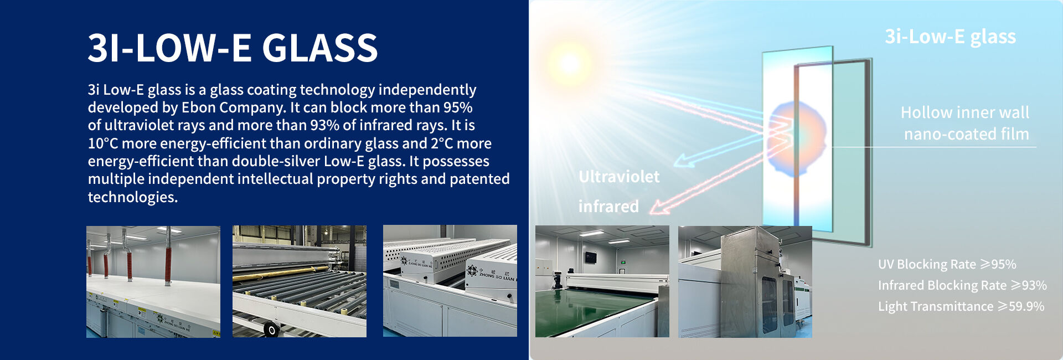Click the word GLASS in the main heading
pos(319,48)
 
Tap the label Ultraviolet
pos(619,177)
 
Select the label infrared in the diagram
pos(608,207)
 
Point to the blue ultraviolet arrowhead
pos(682,161)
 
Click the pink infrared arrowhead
pos(659,207)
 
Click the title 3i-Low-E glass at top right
pos(950,37)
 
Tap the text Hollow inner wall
pos(965,112)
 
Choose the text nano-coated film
pos(967,134)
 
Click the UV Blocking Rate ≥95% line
pos(947,264)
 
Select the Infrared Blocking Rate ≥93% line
pos(962,285)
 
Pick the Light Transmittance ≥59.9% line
pos(961,306)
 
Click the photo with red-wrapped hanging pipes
pos(153,281)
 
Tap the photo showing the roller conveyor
pos(300,281)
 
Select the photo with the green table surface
pos(602,281)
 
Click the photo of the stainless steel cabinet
pos(745,281)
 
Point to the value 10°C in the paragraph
pos(103,143)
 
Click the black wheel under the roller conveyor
pos(271,330)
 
